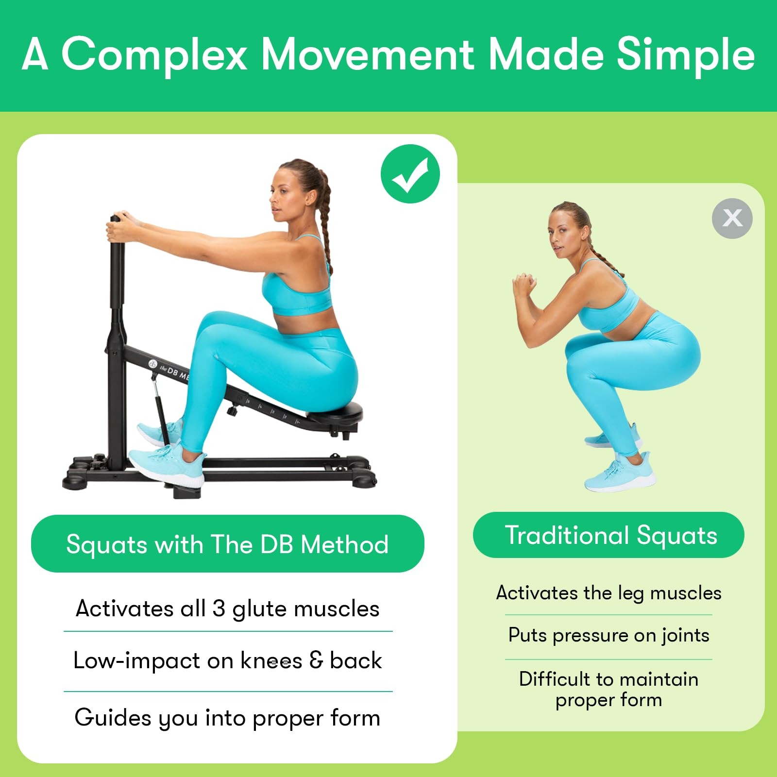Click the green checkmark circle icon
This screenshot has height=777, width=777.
point(410,174)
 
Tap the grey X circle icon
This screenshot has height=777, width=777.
point(732,218)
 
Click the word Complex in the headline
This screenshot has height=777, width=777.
point(154,54)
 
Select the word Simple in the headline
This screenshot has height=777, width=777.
point(685,54)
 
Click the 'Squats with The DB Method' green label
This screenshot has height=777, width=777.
point(227,544)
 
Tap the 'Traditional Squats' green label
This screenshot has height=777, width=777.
point(608,535)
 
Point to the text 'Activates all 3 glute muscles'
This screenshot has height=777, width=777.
point(227,608)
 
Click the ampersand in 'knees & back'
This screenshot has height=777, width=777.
point(316,660)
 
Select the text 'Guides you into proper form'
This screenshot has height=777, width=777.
point(227,718)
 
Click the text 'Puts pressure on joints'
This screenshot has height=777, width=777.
point(608,635)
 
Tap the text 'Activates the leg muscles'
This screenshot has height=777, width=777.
point(608,593)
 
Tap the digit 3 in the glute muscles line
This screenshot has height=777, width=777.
point(219,608)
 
